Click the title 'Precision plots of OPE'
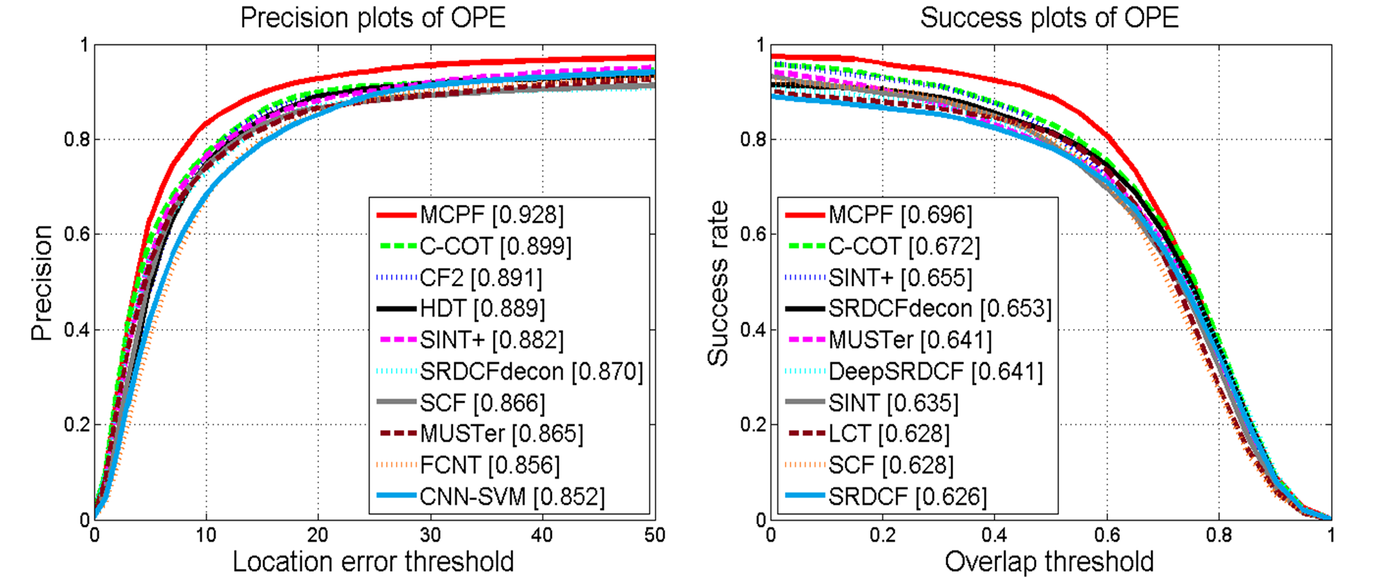pyautogui.click(x=373, y=18)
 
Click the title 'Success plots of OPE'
pyautogui.click(x=1049, y=18)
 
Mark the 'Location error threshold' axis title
pyautogui.click(x=373, y=562)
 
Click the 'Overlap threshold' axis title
pyautogui.click(x=1049, y=562)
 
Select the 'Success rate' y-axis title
pyautogui.click(x=718, y=283)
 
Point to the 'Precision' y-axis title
pyautogui.click(x=41, y=283)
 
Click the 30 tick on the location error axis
pyautogui.click(x=430, y=535)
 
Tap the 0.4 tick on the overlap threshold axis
pyautogui.click(x=995, y=535)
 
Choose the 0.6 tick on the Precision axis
pyautogui.click(x=77, y=234)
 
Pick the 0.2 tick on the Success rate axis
pyautogui.click(x=753, y=425)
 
